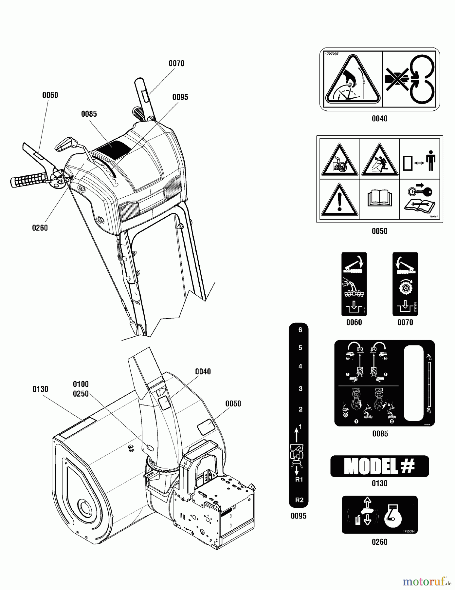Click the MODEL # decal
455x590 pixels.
click(379, 466)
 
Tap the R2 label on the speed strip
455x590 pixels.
click(299, 500)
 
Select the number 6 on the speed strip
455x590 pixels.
click(300, 330)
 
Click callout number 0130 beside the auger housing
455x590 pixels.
click(40, 389)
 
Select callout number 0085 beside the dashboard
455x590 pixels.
click(89, 114)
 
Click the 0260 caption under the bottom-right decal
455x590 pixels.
click(379, 542)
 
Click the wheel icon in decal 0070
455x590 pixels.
click(405, 287)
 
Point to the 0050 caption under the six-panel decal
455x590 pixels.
click(379, 231)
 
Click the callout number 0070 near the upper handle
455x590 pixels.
click(176, 63)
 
